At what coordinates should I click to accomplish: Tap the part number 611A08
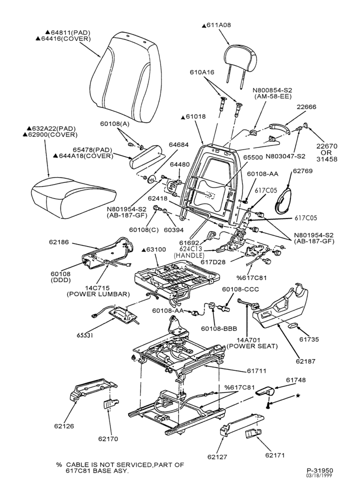click(216, 25)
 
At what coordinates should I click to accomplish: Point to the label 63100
click(154, 249)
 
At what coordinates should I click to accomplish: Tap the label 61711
click(256, 371)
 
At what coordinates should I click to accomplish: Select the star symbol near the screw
click(298, 395)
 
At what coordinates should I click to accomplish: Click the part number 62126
click(64, 426)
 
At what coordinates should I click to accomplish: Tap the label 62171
click(275, 455)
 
